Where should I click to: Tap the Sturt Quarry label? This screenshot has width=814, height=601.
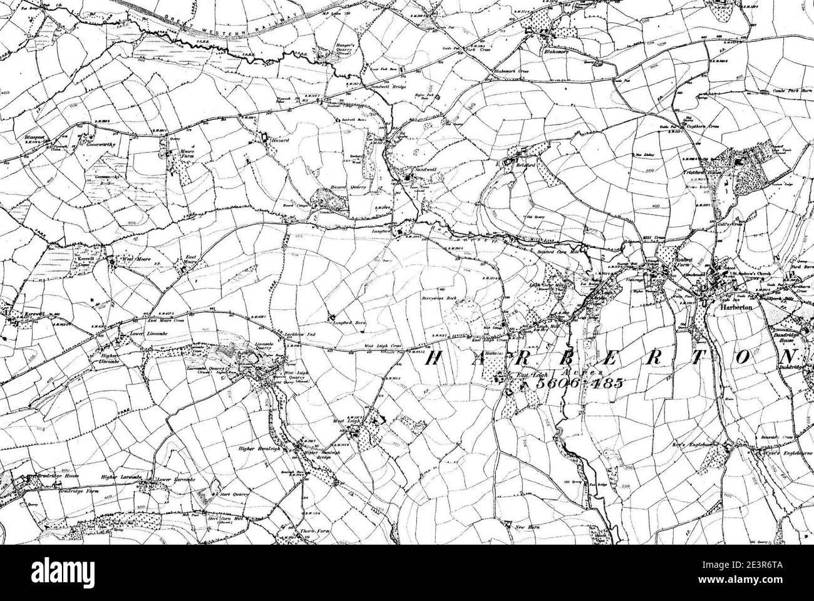pyautogui.click(x=233, y=494)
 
